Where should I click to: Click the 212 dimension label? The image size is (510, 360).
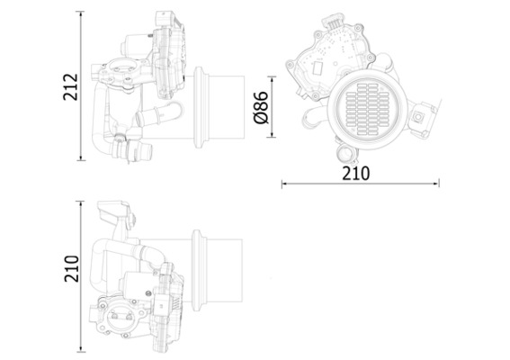click(79, 86)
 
